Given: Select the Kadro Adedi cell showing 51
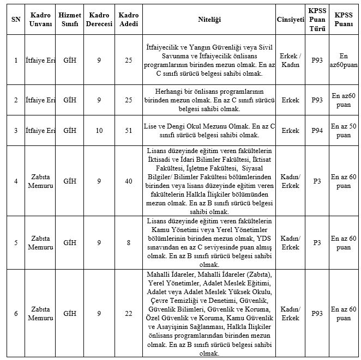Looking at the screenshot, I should coord(128,131).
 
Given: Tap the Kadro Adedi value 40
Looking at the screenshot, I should coord(128,181).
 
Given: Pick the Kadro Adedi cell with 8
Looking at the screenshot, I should coord(128,242).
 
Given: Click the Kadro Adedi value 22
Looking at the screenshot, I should coord(128,313).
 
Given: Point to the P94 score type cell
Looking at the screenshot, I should coord(317,131).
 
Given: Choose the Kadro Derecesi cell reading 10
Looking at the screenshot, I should coord(99,131).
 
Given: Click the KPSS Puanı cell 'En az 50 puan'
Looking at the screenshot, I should coord(344,131).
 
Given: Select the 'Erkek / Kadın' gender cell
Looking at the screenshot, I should coord(290,60).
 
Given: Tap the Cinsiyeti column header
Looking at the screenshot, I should coord(290,19).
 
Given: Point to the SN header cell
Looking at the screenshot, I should coord(15,19).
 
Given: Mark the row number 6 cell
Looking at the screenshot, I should coord(15,313).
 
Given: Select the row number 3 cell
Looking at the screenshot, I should coord(15,131).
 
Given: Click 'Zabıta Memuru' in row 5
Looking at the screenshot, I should coord(41,242).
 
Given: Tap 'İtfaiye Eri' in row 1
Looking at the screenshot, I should coord(41,60).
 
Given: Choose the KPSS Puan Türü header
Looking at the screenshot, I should coord(317,19).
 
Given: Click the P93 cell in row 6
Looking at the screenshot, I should coord(317,313).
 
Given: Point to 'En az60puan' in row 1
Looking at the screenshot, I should coord(344,60).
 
